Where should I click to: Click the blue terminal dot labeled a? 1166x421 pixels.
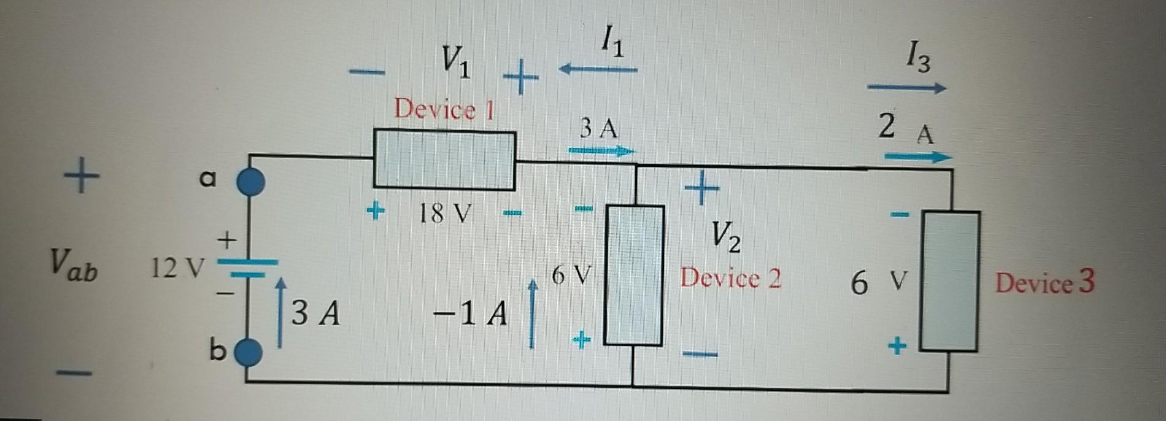pyautogui.click(x=250, y=182)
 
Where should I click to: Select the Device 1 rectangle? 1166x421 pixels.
pyautogui.click(x=444, y=160)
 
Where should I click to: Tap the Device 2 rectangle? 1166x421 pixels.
pyautogui.click(x=634, y=276)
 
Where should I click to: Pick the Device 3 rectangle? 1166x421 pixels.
pyautogui.click(x=950, y=282)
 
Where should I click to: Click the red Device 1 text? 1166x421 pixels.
pyautogui.click(x=444, y=110)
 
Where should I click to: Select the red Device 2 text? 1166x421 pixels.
pyautogui.click(x=730, y=279)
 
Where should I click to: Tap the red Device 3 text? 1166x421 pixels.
pyautogui.click(x=1044, y=282)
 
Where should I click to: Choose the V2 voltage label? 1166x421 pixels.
pyautogui.click(x=725, y=236)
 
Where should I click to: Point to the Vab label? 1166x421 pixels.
pyautogui.click(x=74, y=266)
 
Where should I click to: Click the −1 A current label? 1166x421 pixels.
pyautogui.click(x=470, y=314)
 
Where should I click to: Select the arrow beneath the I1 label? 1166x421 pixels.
pyautogui.click(x=598, y=70)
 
